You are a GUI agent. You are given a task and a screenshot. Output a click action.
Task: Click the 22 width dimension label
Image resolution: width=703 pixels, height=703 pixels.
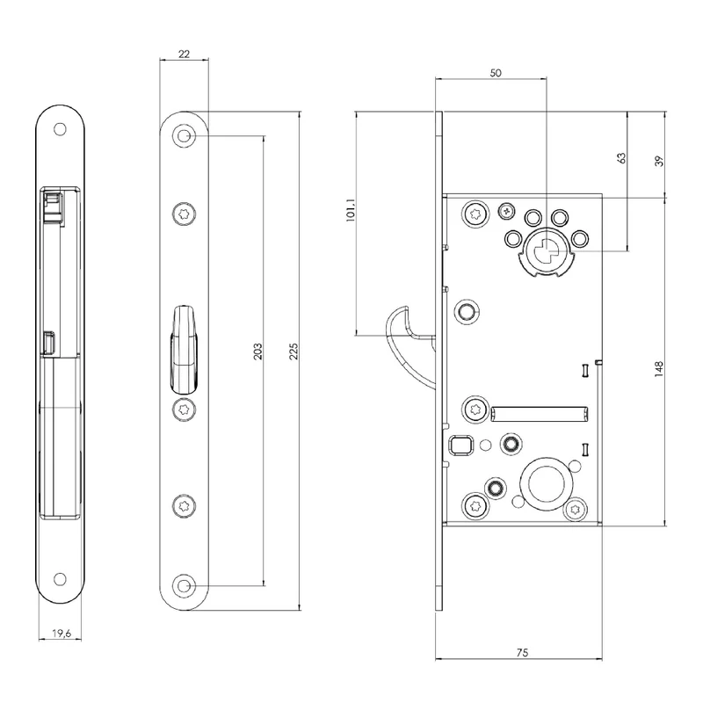(x=184, y=54)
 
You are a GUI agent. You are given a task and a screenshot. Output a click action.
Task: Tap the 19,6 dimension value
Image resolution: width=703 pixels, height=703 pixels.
(x=62, y=633)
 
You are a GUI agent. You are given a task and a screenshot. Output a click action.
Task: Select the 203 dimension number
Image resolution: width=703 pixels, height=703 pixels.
(x=257, y=351)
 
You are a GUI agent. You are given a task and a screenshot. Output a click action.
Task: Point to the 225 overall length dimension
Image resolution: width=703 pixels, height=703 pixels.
(x=294, y=351)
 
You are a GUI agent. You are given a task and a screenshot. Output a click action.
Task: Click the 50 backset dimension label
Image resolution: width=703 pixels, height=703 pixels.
(x=496, y=73)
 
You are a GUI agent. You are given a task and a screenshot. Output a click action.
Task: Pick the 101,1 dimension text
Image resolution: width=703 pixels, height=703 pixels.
(x=351, y=210)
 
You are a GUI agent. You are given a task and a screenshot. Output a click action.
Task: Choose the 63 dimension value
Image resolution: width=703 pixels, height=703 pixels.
(x=621, y=158)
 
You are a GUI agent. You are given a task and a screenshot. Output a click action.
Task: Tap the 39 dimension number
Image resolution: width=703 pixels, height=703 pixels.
(x=659, y=162)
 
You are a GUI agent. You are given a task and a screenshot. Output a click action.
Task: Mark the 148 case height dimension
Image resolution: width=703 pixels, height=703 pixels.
(x=658, y=368)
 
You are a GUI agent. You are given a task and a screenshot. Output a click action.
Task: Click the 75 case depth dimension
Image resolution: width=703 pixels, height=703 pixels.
(x=522, y=653)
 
